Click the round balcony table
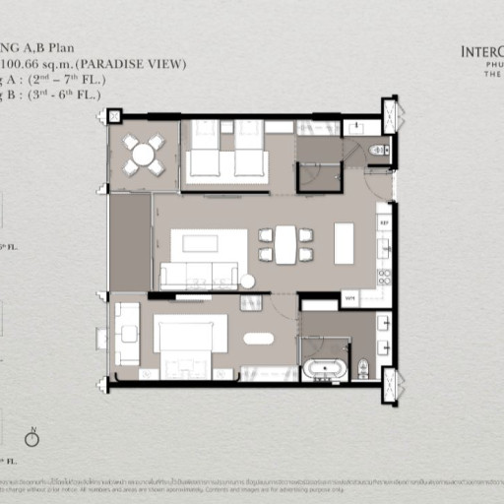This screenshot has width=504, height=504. (x=144, y=155)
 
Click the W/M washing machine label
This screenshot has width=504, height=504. (x=349, y=297)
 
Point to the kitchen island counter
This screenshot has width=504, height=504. (x=344, y=243)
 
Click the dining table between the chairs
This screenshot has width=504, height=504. (x=285, y=245)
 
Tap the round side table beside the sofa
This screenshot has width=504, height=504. (x=248, y=282)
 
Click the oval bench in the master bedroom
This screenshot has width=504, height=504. (x=259, y=339)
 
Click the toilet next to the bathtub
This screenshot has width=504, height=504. (x=362, y=368)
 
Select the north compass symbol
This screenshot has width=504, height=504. (x=31, y=438)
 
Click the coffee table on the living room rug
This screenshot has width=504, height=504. (x=209, y=244)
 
